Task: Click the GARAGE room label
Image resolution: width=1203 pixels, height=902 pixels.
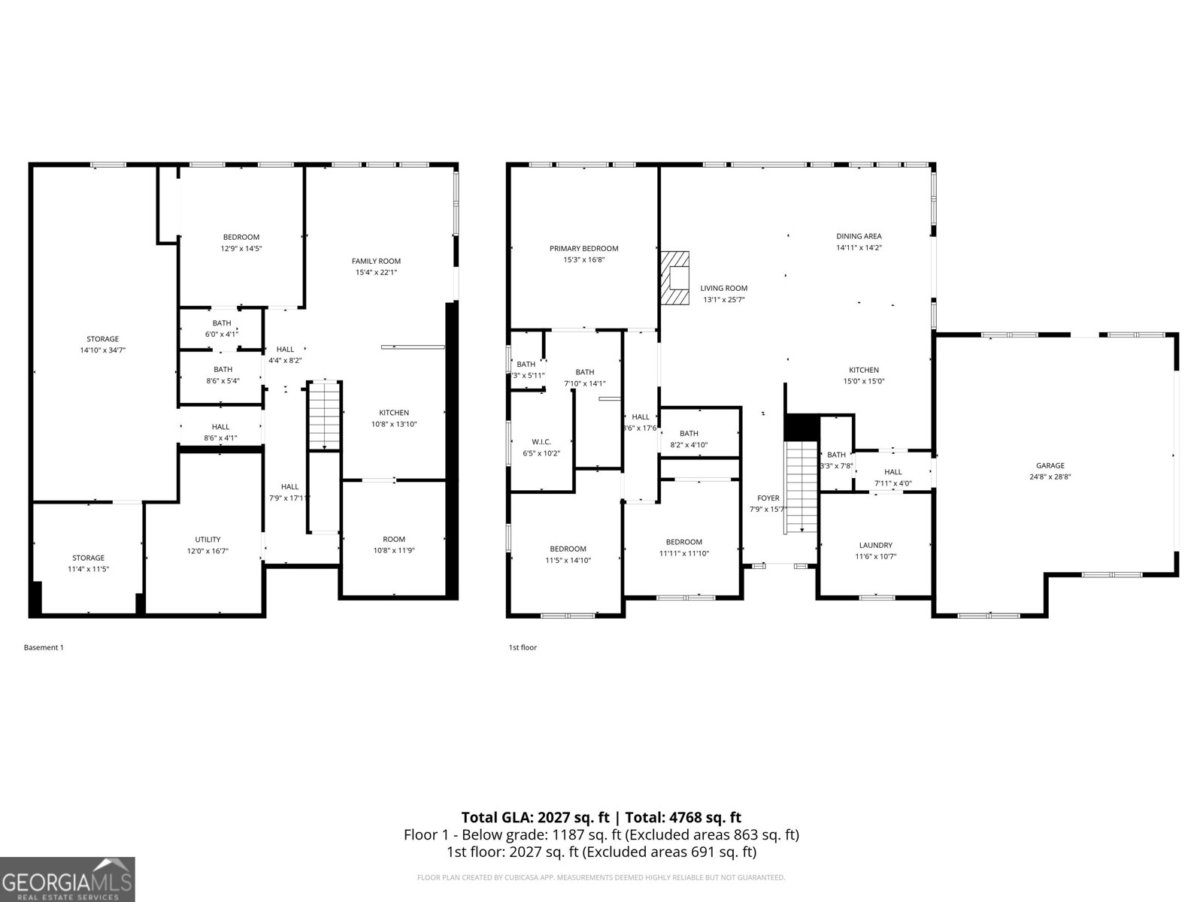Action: pos(1050,465)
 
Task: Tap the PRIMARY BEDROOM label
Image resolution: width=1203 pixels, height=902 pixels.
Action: pos(583,249)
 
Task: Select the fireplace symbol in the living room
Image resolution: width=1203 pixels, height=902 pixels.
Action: pos(675,277)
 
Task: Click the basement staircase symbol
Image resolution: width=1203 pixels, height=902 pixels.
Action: pos(325,415)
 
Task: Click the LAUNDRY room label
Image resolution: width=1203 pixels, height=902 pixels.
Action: pos(875,545)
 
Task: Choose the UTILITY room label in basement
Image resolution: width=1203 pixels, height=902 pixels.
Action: pos(208,540)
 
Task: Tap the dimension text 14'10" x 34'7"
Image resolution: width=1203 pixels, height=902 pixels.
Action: pos(102,350)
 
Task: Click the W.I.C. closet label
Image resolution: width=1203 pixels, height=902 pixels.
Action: pos(541,441)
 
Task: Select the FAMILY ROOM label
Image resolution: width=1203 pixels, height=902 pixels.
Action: pos(376,261)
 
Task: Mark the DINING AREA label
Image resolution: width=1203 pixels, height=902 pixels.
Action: pos(859,236)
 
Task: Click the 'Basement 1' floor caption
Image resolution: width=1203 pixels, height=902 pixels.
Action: pos(44,647)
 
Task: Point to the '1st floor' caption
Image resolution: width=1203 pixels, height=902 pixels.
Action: pos(523,647)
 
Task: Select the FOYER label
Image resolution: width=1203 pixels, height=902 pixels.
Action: pos(768,498)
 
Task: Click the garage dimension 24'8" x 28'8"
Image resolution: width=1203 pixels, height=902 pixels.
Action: pos(1050,477)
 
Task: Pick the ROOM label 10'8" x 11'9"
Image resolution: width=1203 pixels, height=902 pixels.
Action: pos(394,539)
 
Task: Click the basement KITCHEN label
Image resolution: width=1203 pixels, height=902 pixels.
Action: pos(394,413)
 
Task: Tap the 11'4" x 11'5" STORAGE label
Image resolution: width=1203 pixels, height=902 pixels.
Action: pos(88,558)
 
